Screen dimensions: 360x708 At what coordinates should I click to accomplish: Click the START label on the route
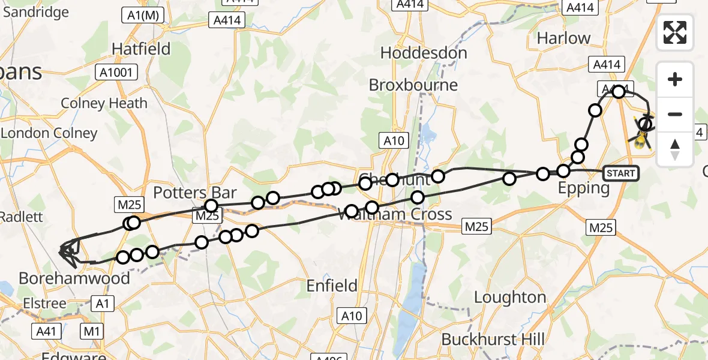tap(620, 173)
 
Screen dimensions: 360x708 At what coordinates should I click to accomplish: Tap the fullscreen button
tap(675, 32)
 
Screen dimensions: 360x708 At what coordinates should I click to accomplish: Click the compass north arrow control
tap(675, 149)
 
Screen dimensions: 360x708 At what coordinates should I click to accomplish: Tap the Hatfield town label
tap(141, 49)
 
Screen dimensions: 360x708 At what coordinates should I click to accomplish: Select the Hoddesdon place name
tap(424, 53)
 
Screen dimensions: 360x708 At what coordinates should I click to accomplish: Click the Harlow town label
tap(563, 38)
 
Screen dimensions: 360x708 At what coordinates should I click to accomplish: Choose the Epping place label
tap(584, 188)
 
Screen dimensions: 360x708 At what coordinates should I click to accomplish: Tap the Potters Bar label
tap(195, 193)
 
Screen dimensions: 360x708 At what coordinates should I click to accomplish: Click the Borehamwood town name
tap(74, 278)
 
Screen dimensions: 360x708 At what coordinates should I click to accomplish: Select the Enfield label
tap(332, 286)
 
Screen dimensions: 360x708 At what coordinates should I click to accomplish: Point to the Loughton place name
tap(510, 298)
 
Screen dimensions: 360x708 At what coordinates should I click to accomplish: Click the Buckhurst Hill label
tap(493, 340)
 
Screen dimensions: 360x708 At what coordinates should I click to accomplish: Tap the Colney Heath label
tap(104, 103)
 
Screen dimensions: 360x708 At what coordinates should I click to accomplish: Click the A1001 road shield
tap(117, 73)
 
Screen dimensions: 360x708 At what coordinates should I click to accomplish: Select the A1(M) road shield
tap(143, 16)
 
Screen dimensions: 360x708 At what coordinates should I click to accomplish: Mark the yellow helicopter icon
tap(641, 140)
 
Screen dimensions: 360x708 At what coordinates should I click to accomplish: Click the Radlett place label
tap(22, 217)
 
